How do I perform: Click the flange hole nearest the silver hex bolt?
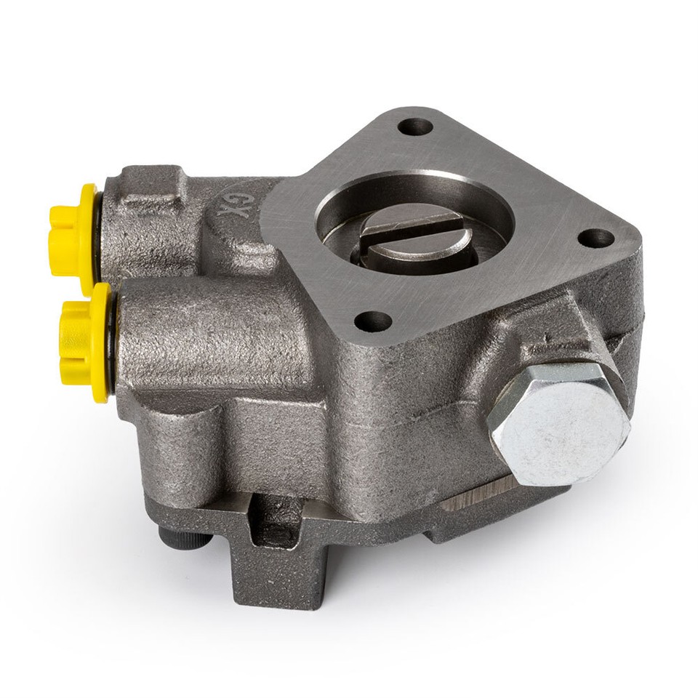tap(598, 238)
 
